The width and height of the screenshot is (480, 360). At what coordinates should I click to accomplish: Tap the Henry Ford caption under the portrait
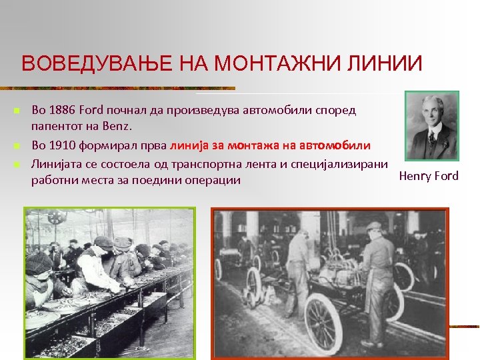(x=429, y=176)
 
